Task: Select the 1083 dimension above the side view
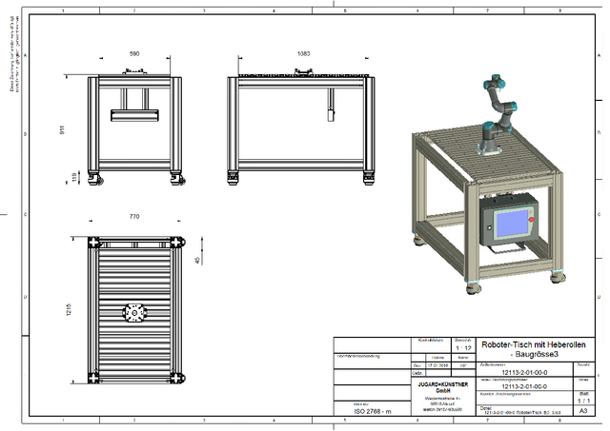304,55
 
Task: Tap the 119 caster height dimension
64,176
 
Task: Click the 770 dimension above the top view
133,217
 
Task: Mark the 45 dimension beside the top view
197,259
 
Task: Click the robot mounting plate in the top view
133,311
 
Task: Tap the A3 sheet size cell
582,411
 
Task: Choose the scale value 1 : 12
462,348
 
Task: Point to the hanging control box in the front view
133,115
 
